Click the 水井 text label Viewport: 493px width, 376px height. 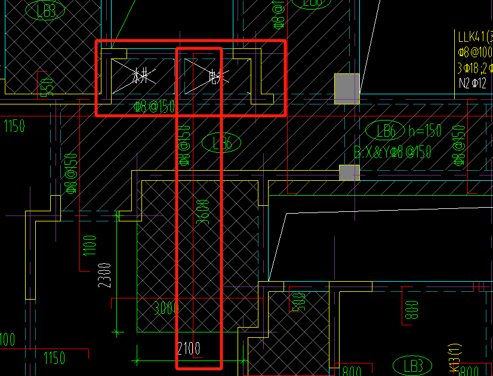(140, 76)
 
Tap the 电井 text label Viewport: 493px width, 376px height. (214, 76)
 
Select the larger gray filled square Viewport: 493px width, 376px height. (347, 88)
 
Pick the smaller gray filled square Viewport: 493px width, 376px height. (350, 172)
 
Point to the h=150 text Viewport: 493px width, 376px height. (424, 131)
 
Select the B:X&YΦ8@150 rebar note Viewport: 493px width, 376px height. (393, 153)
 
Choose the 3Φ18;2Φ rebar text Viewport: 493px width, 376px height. (475, 67)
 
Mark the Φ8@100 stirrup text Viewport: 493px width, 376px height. (475, 52)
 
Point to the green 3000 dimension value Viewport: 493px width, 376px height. (165, 309)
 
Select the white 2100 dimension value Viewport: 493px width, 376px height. (189, 348)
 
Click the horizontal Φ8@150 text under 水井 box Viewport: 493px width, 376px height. (154, 107)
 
